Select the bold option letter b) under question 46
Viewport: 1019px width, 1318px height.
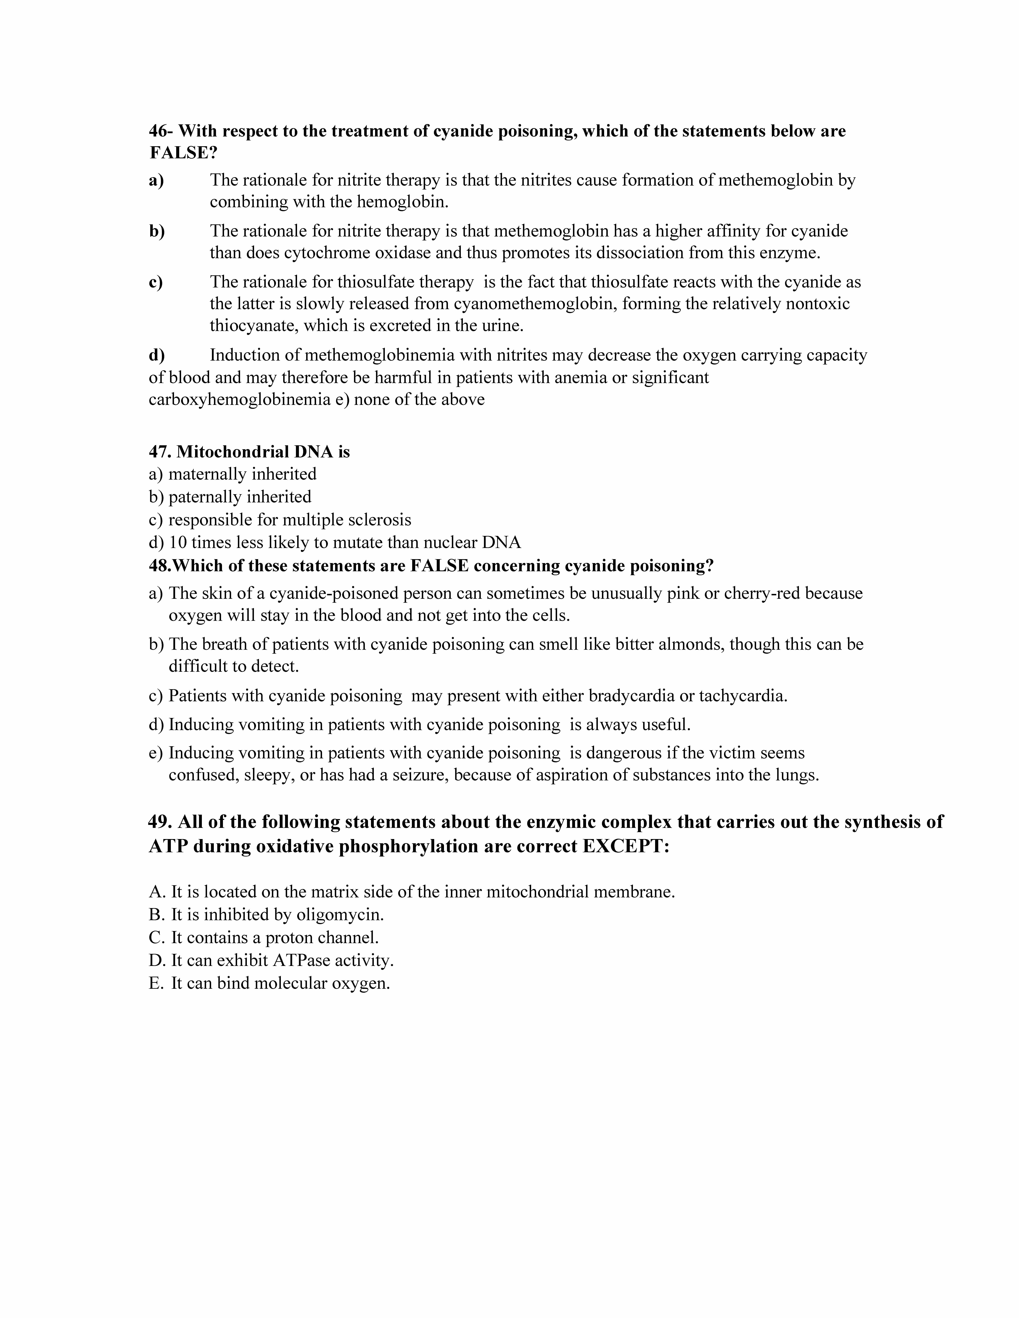(x=157, y=231)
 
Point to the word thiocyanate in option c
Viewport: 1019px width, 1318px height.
(x=252, y=326)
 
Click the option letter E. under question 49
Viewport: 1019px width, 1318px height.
(x=156, y=984)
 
